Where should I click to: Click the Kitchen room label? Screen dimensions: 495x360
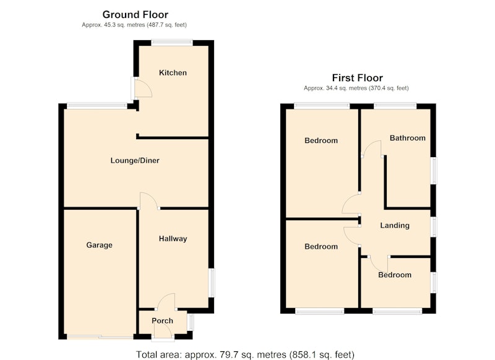tap(173, 73)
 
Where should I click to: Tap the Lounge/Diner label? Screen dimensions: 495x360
tap(135, 161)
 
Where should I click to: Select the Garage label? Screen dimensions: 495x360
tap(99, 245)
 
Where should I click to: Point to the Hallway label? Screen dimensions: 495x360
tap(173, 239)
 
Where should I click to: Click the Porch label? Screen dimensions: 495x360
tap(162, 321)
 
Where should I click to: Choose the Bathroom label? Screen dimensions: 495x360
tap(408, 138)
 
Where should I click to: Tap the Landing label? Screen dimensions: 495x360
tap(395, 225)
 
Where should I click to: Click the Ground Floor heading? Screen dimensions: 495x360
tap(135, 14)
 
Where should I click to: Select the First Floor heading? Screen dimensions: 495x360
tap(358, 78)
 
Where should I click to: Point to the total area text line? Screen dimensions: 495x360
tap(245, 354)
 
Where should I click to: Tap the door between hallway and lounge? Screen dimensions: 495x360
tap(148, 200)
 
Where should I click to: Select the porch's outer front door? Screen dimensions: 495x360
tap(163, 331)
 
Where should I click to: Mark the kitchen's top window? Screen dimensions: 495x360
tap(172, 43)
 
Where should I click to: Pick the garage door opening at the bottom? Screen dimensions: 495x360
tap(100, 337)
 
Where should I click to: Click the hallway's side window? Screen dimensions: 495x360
tap(212, 283)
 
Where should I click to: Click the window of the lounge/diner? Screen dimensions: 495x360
tap(97, 106)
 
